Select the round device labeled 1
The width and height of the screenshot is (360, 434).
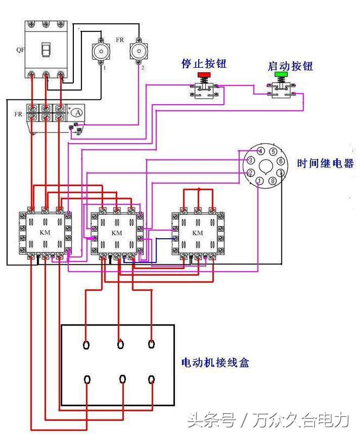pos(101,52)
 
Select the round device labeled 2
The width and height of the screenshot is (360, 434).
pos(139,52)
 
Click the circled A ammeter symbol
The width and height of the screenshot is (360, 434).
pos(78,112)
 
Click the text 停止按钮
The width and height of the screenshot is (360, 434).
pos(204,64)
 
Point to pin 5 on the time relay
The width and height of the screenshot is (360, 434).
pos(273,152)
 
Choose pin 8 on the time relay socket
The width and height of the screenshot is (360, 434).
pos(272,181)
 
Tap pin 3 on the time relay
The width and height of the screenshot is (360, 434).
pos(250,161)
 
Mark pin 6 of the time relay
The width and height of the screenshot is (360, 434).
pos(280,161)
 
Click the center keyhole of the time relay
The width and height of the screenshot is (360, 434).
pos(266,167)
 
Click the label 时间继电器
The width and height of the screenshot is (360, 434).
pos(325,163)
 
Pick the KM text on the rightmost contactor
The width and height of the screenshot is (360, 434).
pos(198,233)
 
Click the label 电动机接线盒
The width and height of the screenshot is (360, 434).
pos(215,362)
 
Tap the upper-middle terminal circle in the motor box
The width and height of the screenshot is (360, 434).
pos(121,344)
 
